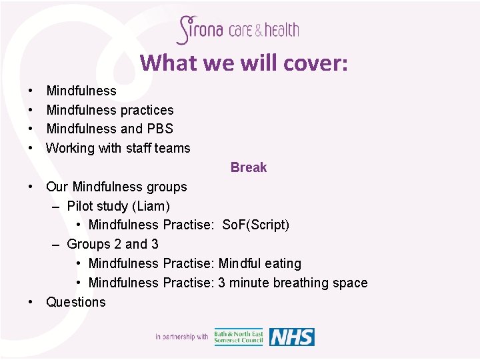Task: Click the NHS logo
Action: (x=291, y=337)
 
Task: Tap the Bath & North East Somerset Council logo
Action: (x=239, y=337)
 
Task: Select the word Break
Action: (x=249, y=167)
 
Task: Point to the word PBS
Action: (x=160, y=129)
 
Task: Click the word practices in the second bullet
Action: (x=147, y=110)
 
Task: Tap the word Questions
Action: (x=75, y=302)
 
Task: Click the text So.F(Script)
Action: (x=255, y=225)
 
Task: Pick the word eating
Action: (x=283, y=263)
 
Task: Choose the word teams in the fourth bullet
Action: (x=173, y=148)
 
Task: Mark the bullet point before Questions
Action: (x=31, y=302)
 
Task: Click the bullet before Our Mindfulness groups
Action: (x=31, y=187)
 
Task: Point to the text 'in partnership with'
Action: (x=181, y=337)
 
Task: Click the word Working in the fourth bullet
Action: (x=70, y=148)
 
